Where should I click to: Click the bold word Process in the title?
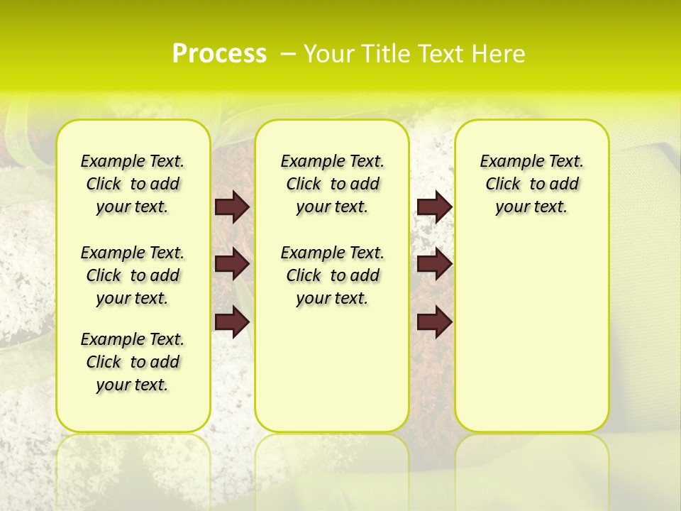[219, 54]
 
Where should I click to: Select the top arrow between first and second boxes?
[232, 207]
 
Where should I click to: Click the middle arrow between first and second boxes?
[232, 265]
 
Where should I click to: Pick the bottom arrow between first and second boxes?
[232, 322]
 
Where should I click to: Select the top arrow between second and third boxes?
[435, 207]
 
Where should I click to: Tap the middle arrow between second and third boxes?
[435, 265]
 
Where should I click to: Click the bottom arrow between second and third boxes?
[435, 322]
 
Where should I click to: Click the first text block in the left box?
[133, 184]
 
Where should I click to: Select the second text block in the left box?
[133, 275]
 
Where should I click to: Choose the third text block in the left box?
[133, 362]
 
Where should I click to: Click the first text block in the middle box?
[332, 184]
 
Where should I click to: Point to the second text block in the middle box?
[332, 275]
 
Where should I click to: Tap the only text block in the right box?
[531, 184]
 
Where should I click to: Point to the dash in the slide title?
[288, 54]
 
